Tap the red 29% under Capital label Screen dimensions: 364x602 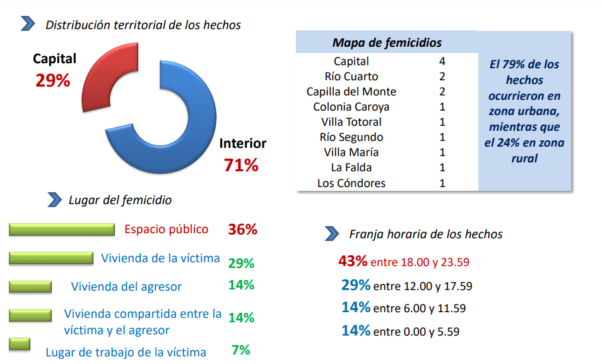tap(53, 80)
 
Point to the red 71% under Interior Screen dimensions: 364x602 tap(241, 166)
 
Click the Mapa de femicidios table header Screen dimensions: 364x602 tap(387, 43)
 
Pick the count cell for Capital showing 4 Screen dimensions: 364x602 tap(442, 61)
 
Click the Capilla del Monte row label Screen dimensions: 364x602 tap(351, 92)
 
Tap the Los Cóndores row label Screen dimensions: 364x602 tap(351, 183)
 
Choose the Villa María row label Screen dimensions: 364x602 tap(351, 152)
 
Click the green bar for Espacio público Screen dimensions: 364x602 tap(62, 229)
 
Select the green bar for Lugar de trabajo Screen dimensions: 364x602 tap(20, 344)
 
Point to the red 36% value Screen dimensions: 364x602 tap(243, 229)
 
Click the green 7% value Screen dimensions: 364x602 tap(241, 349)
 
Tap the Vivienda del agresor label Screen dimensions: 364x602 tap(126, 286)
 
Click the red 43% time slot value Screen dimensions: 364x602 tap(353, 261)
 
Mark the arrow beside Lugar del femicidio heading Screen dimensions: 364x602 tap(54, 200)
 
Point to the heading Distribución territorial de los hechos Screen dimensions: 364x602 tap(143, 25)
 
